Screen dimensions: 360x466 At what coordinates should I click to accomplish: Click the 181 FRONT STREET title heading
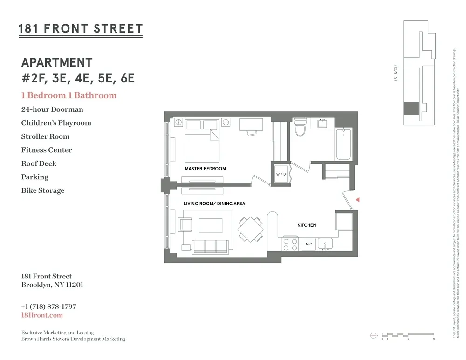(x=80, y=29)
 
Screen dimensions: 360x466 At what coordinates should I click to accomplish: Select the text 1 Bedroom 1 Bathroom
(x=69, y=95)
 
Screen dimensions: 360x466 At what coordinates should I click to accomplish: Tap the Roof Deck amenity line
(x=39, y=163)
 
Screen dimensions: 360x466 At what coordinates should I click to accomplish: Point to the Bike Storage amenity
(x=43, y=190)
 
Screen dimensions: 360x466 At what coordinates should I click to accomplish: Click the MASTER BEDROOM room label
(x=205, y=169)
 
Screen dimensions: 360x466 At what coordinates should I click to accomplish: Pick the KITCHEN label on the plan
(x=307, y=225)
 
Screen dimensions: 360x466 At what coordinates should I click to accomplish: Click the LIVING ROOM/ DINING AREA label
(x=214, y=204)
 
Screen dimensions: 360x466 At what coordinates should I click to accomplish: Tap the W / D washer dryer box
(x=281, y=174)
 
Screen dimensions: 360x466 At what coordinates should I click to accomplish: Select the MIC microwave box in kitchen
(x=308, y=244)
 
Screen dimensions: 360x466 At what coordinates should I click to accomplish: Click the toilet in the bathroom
(x=300, y=127)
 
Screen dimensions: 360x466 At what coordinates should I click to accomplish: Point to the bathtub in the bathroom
(x=343, y=144)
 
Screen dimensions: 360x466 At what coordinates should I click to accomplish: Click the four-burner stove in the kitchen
(x=289, y=244)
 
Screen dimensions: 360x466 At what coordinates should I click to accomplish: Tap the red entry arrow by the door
(x=357, y=199)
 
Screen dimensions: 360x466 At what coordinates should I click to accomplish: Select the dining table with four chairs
(x=250, y=229)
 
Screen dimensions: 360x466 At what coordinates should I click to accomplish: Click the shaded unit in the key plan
(x=411, y=108)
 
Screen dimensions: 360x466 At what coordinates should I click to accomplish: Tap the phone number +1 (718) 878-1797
(x=48, y=307)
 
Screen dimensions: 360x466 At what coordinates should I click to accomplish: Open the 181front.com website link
(x=42, y=315)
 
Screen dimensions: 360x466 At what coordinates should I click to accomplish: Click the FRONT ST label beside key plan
(x=395, y=73)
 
